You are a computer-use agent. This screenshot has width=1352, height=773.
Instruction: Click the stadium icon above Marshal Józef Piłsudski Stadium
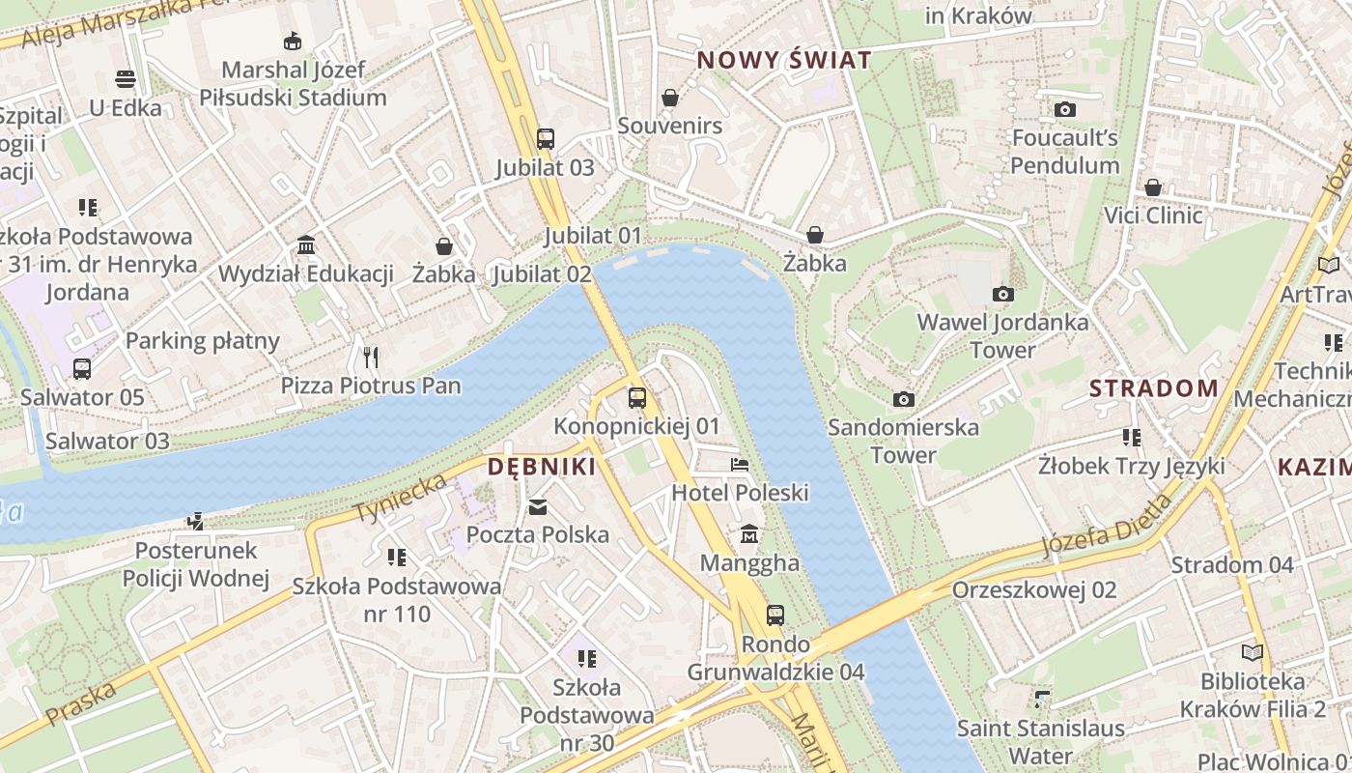[292, 41]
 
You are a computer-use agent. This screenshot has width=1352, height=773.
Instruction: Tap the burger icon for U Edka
[126, 78]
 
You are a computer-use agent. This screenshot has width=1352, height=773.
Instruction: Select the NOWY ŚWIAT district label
[784, 60]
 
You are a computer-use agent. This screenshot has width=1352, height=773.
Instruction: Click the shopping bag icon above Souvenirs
[670, 98]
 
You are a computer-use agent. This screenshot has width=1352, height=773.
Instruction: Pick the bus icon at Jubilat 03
[546, 138]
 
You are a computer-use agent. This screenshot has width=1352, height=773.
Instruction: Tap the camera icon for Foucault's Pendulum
[1065, 109]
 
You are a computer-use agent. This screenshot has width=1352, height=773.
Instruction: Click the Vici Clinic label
[1153, 215]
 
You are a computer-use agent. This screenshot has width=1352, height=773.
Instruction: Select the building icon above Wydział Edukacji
[306, 244]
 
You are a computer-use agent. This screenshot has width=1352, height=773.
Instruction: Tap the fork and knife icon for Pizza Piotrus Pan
[371, 358]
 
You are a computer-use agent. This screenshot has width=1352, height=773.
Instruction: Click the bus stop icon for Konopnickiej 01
[637, 397]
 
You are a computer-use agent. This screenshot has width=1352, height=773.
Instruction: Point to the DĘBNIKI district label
[541, 467]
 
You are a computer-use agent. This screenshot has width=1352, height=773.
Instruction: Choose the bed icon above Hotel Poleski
[740, 465]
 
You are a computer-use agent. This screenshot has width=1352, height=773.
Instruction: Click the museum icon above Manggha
[749, 534]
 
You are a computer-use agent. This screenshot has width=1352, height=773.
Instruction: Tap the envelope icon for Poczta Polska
[538, 506]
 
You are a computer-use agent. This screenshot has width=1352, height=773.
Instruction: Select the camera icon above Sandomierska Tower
[904, 399]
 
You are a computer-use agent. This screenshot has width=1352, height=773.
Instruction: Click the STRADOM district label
[1154, 388]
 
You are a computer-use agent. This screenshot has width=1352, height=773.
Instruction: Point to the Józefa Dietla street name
[1108, 528]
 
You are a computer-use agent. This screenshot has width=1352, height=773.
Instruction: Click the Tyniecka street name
[402, 498]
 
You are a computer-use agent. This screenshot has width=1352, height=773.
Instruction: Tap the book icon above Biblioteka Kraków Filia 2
[1253, 652]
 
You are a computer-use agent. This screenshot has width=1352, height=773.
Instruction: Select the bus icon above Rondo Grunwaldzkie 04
[775, 615]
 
